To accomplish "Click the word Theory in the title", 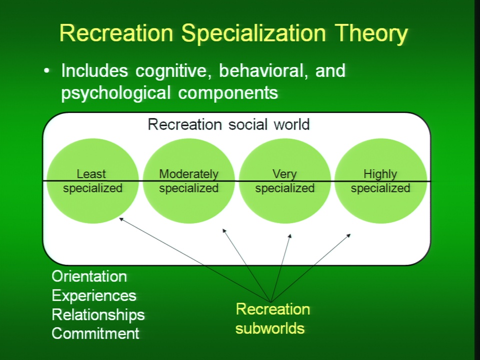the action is point(371,33).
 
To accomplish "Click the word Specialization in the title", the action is point(253,33).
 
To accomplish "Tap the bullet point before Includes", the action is point(46,71).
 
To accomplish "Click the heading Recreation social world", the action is point(228,124).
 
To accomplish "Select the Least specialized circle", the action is point(92,181).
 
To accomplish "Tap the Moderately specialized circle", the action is point(188,181).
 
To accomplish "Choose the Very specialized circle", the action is point(284,181).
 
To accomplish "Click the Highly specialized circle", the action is point(380,181).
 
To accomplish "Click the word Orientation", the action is point(89,276).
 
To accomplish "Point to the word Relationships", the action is point(98,315).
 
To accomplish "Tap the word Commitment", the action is point(95,333).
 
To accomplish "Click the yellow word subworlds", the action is point(270,328).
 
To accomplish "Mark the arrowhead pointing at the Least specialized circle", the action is point(121,219).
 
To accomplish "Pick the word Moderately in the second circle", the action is point(188,174).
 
